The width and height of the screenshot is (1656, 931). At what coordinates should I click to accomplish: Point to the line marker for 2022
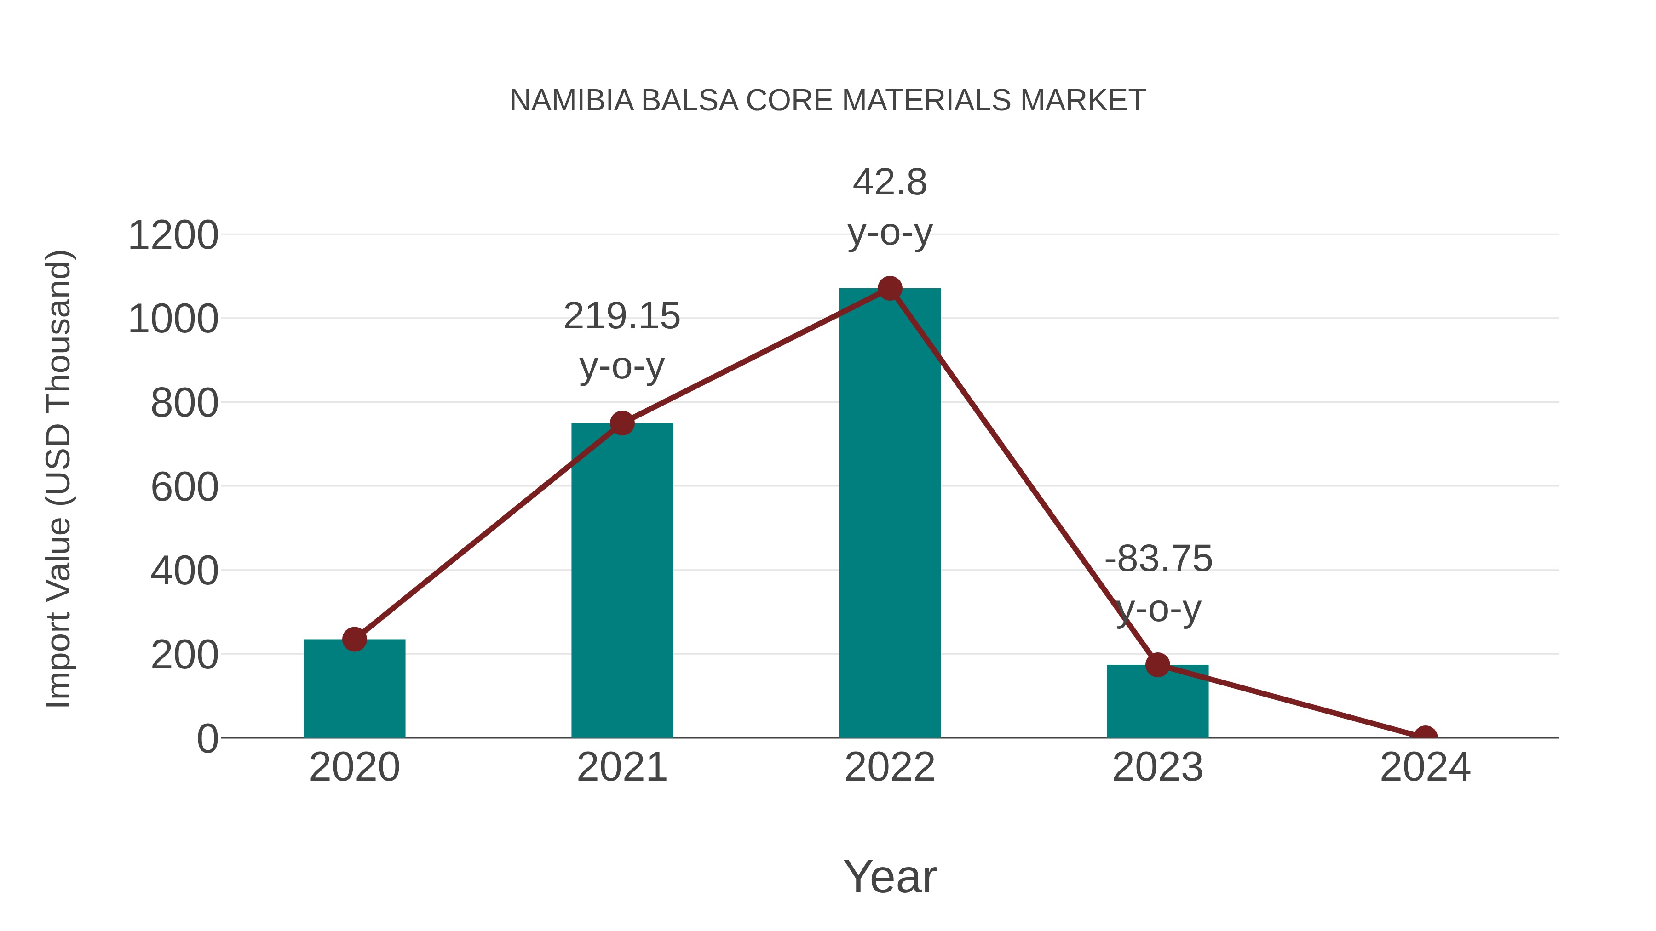coord(889,288)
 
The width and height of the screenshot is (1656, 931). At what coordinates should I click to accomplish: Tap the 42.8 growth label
coord(889,183)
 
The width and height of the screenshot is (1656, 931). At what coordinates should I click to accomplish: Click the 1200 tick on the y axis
coord(173,235)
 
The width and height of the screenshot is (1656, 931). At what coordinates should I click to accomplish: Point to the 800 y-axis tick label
coord(184,404)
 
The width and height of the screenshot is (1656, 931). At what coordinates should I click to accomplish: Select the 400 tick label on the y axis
coord(184,571)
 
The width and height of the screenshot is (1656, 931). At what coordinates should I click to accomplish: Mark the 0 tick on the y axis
coord(207,739)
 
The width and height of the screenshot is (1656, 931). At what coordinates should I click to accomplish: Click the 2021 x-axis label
coord(621,767)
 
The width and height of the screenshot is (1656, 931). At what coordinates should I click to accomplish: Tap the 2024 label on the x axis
coord(1425,767)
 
